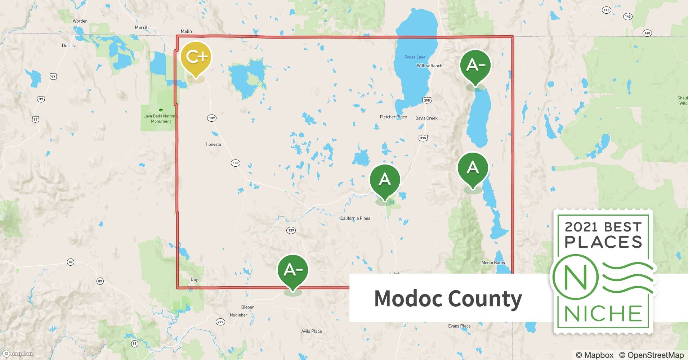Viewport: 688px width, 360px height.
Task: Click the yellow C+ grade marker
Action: pos(196,57)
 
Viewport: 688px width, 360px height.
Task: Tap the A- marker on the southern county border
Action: pos(292,270)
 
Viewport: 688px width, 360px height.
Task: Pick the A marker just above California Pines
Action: pos(385,179)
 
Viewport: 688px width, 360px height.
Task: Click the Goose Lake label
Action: pos(415,57)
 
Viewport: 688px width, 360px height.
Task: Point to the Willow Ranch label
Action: pos(429,66)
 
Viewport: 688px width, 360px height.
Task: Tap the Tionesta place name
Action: pos(213,144)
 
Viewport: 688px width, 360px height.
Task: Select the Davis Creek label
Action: pos(426,118)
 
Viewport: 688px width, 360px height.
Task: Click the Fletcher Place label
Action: pos(393,117)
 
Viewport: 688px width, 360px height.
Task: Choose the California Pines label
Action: pos(355,218)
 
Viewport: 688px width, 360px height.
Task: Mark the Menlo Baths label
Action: pos(493,263)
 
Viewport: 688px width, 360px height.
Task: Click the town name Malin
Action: pos(186,31)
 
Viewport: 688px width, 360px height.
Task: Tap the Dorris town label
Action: pos(68,45)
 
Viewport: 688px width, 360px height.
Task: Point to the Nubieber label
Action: pos(238,315)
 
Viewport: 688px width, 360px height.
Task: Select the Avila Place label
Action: pos(312,331)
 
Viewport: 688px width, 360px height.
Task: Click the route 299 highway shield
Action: pos(220,322)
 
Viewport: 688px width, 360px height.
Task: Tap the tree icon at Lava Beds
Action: pos(161,111)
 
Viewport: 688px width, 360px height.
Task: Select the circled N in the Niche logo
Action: pos(575,278)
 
